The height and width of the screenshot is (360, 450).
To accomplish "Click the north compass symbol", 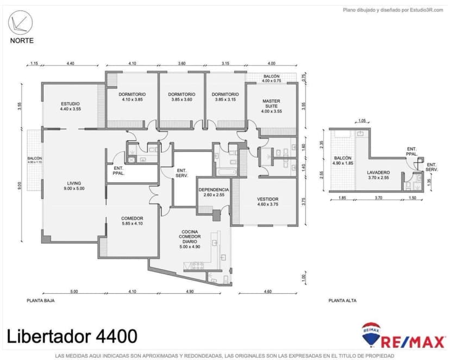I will (x=21, y=23).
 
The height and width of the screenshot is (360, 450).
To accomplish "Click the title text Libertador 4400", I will (x=72, y=336).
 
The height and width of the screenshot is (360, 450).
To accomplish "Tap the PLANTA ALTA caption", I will (x=342, y=300).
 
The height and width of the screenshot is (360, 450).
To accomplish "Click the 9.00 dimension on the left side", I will (x=19, y=185).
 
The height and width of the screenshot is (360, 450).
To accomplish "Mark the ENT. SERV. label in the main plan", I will (x=182, y=173).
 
